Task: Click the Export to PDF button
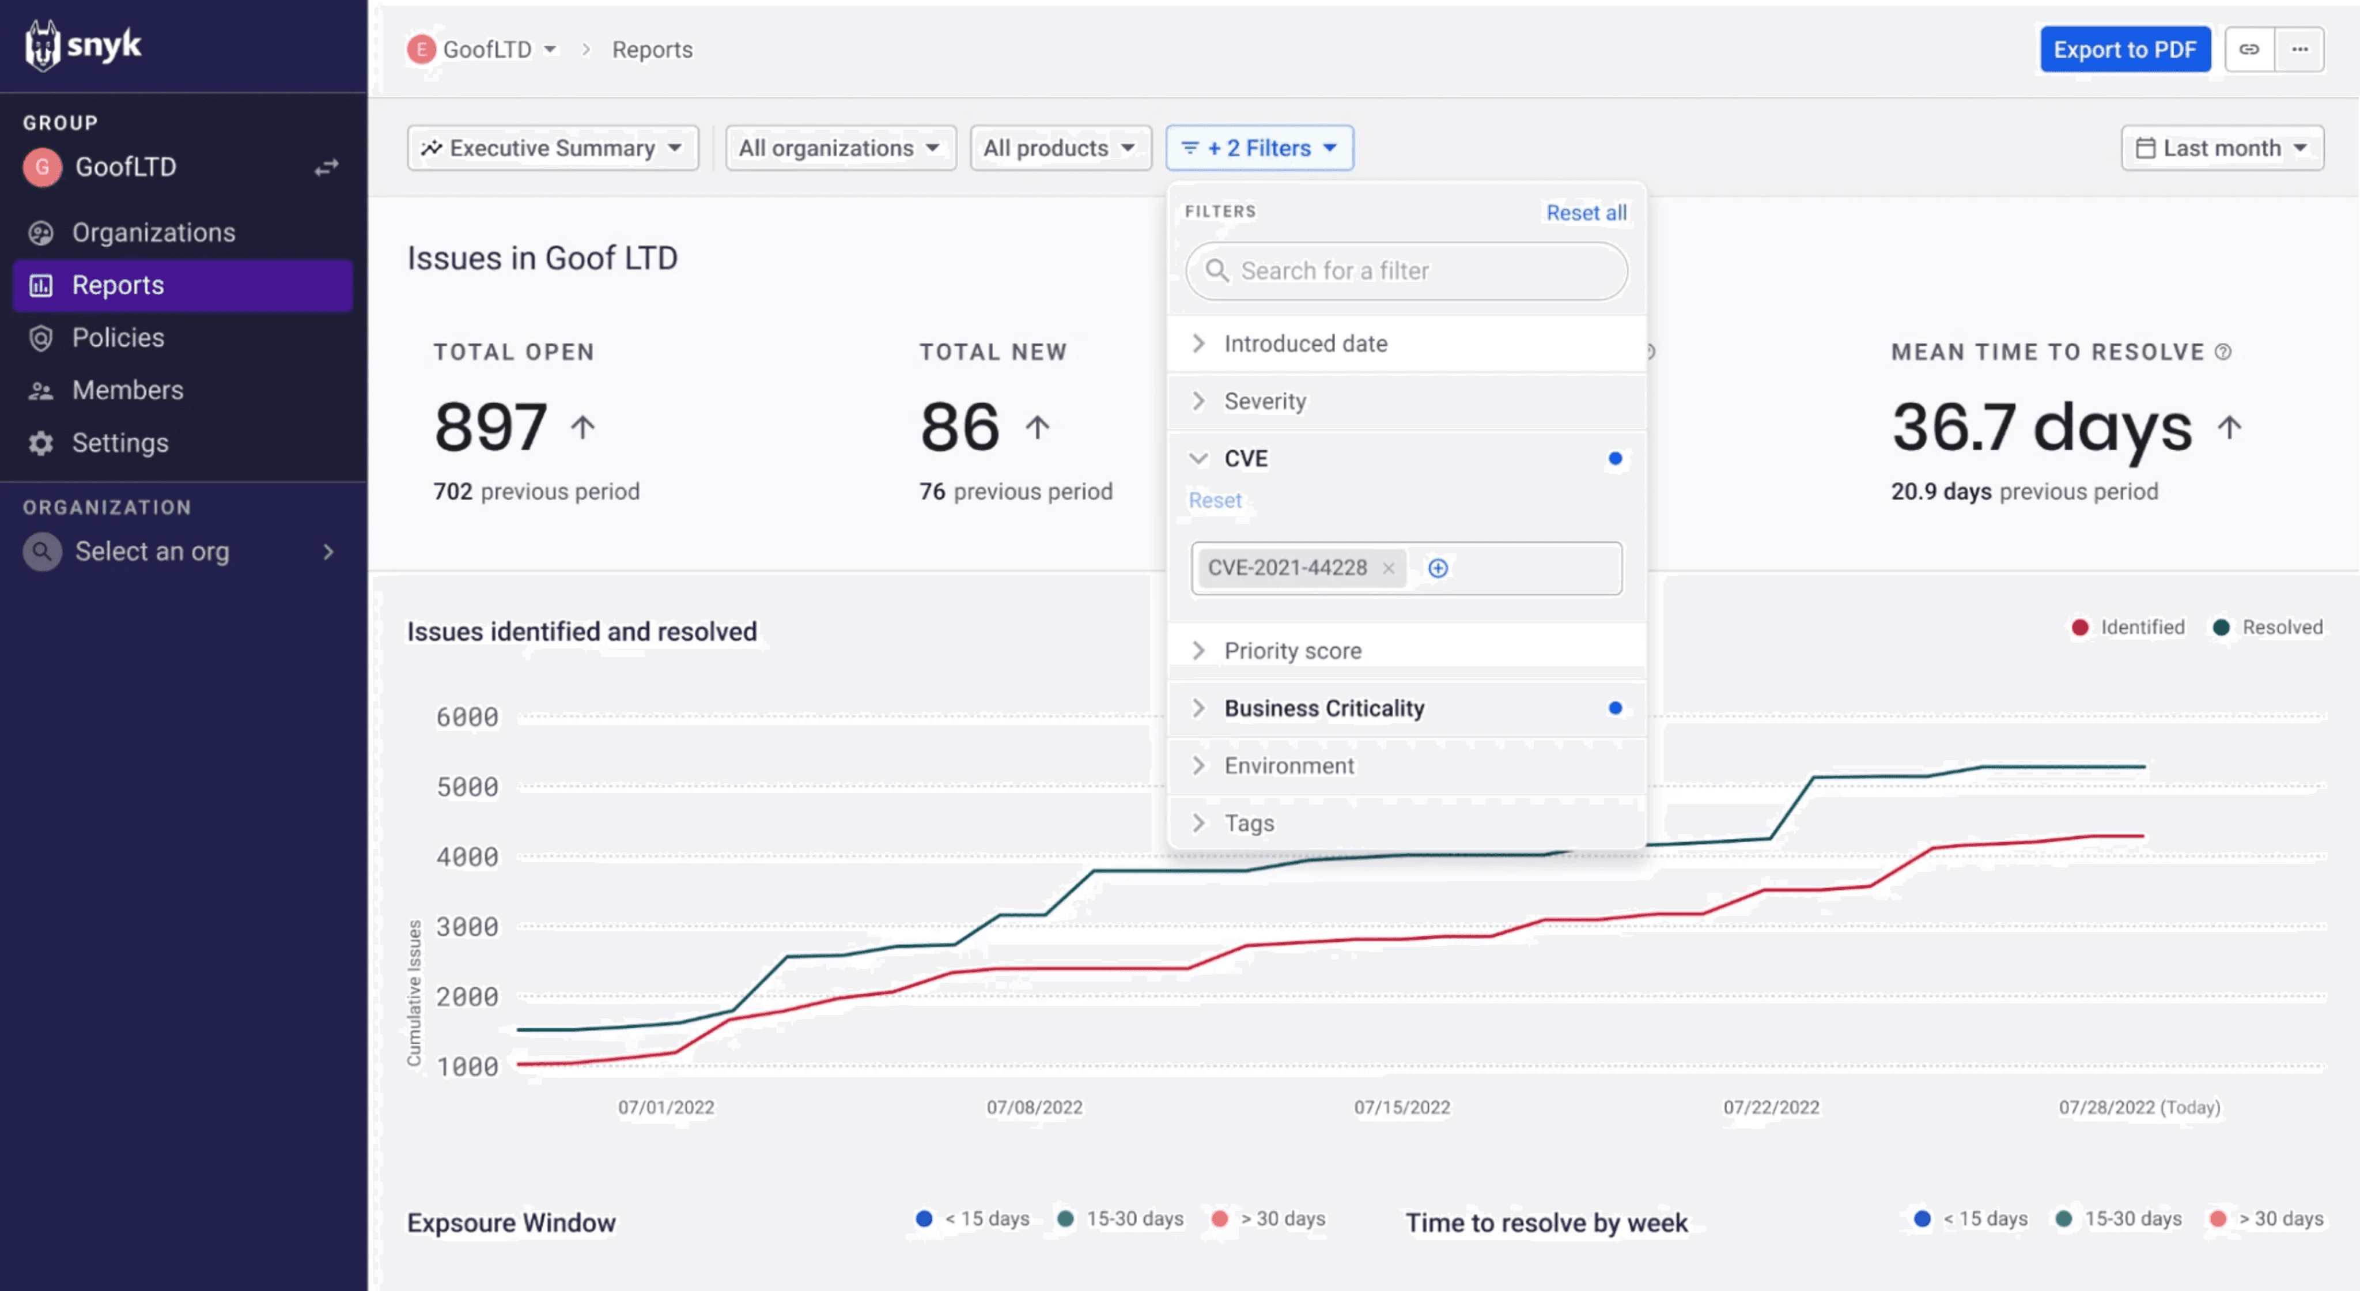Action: [2124, 50]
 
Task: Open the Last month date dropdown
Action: [2222, 149]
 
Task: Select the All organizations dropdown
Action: [839, 149]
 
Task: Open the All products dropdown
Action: [1059, 149]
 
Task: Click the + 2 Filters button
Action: [1259, 149]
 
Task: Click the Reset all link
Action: [1586, 213]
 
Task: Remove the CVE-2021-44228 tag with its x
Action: [1388, 568]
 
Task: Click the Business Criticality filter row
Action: [1324, 708]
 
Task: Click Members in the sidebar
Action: [127, 390]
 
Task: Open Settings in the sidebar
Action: [120, 443]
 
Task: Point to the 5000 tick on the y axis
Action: [467, 787]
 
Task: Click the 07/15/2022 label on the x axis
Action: [1402, 1107]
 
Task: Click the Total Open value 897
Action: [490, 427]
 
